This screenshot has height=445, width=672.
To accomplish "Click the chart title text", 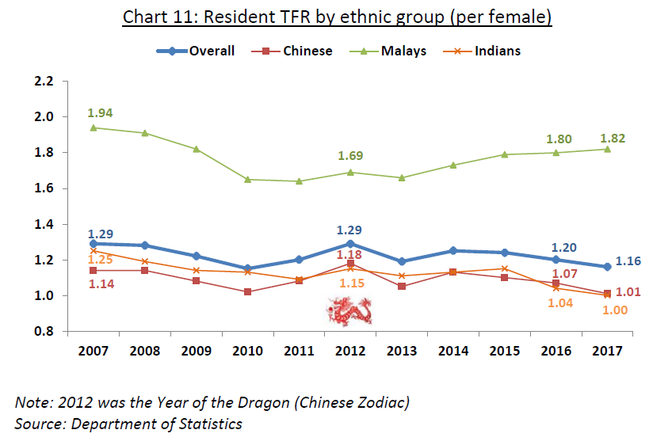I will (x=336, y=17).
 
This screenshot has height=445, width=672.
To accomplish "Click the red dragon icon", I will (x=350, y=310).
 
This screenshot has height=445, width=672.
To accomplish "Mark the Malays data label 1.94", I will (x=100, y=113).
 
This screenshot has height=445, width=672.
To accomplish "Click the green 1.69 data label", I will (x=350, y=156).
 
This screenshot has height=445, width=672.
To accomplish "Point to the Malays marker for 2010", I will (x=247, y=180).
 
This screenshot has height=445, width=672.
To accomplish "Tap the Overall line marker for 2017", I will (x=607, y=267).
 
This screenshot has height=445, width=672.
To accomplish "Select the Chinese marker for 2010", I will (x=247, y=292).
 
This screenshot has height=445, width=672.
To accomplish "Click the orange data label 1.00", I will (x=614, y=310).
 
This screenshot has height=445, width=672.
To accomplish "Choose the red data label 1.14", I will (x=100, y=283).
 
